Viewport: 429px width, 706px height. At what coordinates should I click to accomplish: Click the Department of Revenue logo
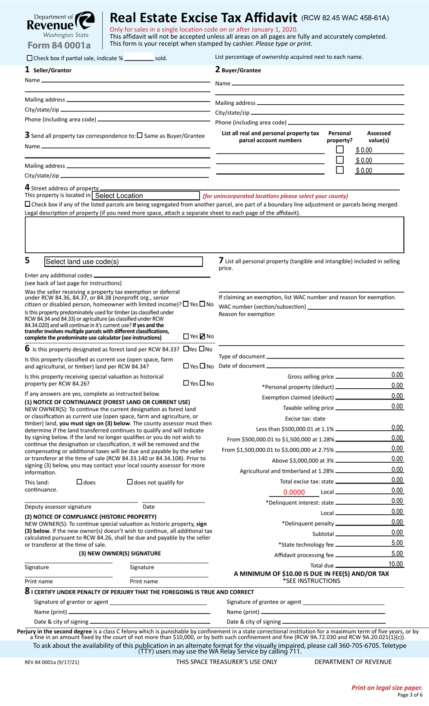[61, 25]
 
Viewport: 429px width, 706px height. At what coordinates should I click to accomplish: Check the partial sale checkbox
[30, 58]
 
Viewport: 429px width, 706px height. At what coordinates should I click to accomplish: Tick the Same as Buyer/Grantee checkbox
[140, 135]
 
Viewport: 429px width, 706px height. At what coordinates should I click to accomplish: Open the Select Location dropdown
[145, 195]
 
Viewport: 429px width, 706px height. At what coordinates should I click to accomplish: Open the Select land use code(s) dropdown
[123, 262]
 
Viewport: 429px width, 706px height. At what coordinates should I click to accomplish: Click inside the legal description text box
[214, 235]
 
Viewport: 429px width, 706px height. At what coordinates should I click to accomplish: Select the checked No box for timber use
[202, 336]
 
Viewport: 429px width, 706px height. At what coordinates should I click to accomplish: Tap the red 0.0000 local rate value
[294, 492]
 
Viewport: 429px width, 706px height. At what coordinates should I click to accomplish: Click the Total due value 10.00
[396, 564]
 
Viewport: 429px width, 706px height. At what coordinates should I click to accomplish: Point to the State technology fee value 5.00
[397, 543]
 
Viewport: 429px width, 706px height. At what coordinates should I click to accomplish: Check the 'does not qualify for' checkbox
[130, 482]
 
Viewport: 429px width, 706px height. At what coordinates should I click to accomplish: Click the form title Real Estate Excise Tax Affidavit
[203, 18]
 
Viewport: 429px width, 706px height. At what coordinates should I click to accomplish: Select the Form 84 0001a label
[59, 45]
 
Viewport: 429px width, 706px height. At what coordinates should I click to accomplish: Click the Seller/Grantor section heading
[52, 70]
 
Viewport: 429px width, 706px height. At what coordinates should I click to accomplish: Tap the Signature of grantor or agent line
[158, 602]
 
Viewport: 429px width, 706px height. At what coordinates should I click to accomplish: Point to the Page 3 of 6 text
[410, 695]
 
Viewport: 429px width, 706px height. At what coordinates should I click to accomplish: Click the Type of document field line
[334, 357]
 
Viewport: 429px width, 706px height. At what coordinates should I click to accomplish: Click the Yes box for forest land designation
[186, 349]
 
